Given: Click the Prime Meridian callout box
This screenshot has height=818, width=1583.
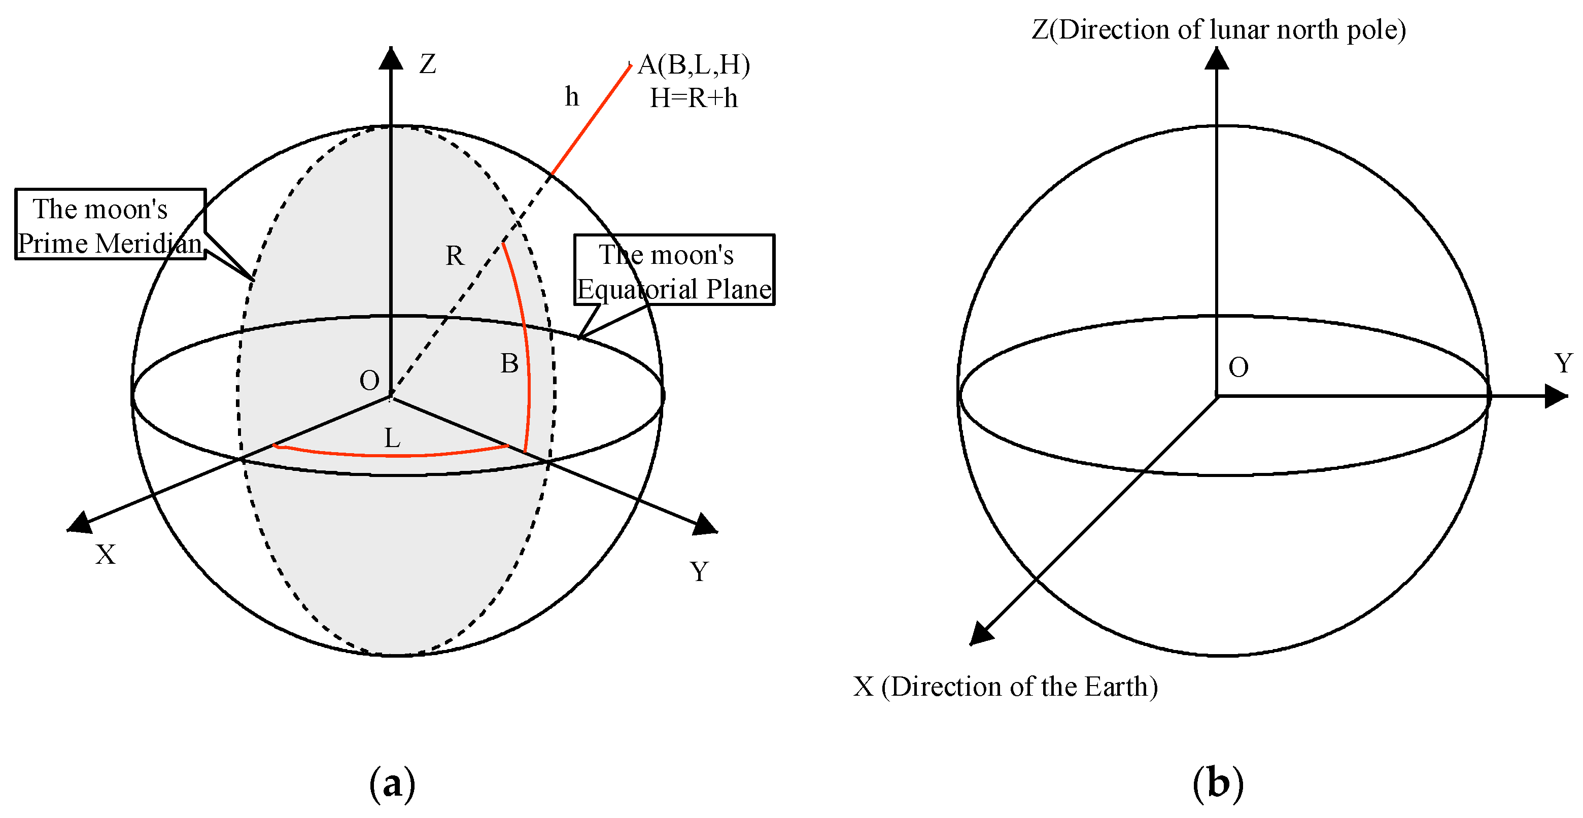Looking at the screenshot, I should coord(110,224).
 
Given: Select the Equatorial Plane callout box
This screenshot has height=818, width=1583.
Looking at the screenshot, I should coord(674,270).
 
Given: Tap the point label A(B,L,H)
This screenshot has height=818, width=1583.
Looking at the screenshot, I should coord(694,64).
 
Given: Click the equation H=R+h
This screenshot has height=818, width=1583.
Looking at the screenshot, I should coord(694,98).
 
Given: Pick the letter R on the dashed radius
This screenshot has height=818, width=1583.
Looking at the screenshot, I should coord(454,256).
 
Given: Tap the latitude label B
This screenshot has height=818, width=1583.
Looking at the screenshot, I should coord(509,364).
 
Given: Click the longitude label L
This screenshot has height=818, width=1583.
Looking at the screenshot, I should coord(392,439).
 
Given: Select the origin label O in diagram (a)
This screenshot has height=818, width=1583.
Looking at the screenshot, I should coord(369,381).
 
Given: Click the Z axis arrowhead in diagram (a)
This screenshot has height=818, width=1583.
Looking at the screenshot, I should coord(391,58).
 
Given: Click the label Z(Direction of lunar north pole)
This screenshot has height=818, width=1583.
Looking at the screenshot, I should coord(1219,29).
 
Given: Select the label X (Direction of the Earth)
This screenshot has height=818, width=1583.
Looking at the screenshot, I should coord(1005,687).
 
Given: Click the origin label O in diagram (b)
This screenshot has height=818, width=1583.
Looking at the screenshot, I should coord(1238,367).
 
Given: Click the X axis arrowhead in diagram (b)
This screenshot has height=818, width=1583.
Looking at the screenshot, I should coord(981,634).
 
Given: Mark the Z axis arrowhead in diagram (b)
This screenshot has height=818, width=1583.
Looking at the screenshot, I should coord(1217,58).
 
